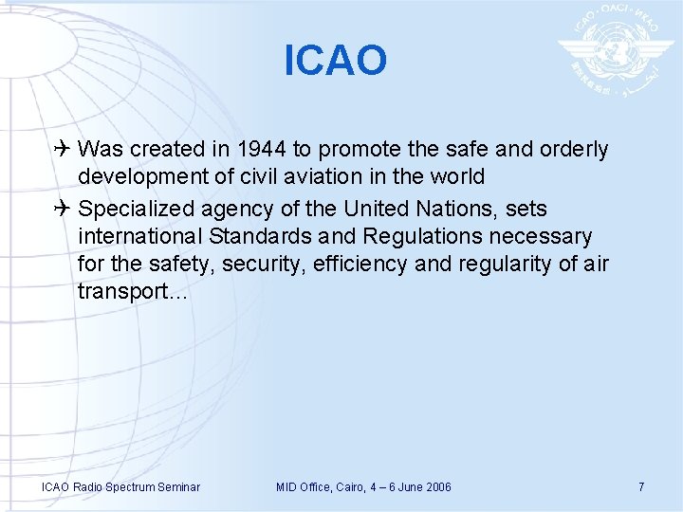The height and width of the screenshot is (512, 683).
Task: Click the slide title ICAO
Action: click(336, 61)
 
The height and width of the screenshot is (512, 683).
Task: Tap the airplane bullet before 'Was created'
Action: click(64, 149)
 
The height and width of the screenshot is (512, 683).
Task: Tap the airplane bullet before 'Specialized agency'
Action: click(64, 208)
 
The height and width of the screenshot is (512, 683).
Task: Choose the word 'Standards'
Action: click(262, 235)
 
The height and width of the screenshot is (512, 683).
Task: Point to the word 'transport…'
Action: click(132, 292)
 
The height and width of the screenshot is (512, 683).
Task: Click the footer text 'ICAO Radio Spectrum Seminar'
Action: click(120, 487)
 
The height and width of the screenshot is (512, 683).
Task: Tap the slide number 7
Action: click(641, 487)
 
